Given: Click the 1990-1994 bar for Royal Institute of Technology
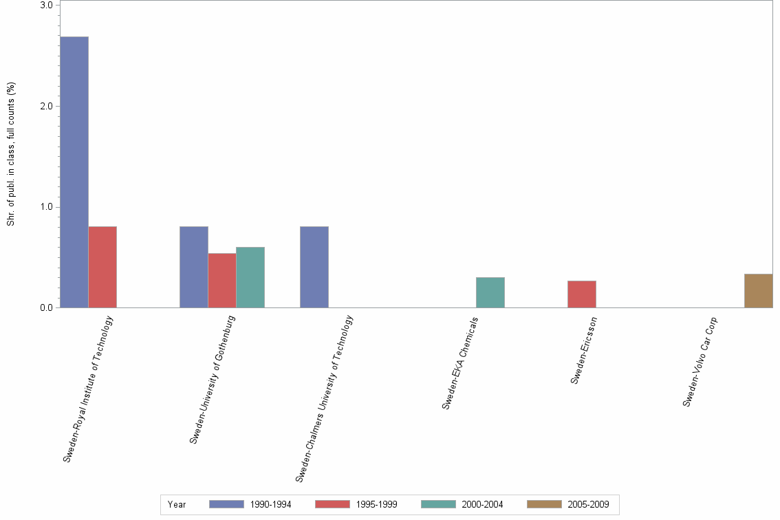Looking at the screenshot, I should (74, 172).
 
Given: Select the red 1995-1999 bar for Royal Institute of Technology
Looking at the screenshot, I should (102, 267).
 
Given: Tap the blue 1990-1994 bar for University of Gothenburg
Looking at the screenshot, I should (194, 267).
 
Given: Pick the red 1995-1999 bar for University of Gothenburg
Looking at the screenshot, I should (222, 281).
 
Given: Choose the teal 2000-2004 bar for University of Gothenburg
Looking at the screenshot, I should (250, 277).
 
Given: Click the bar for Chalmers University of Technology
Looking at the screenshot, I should (314, 267).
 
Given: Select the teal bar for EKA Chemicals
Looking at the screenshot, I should (490, 292).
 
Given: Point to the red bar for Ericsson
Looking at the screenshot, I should (582, 294).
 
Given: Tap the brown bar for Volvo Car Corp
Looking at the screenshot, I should (759, 291).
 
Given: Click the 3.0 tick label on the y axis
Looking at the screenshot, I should (47, 6).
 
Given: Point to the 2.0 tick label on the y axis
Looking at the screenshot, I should (47, 106).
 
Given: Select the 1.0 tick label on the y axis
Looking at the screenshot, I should (47, 207).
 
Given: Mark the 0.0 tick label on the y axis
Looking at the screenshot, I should (47, 307).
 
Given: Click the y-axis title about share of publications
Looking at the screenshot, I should (11, 154).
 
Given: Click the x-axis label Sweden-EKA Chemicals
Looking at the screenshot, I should (460, 363).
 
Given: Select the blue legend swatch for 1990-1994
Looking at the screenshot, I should (226, 504).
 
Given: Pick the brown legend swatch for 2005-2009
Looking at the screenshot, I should (544, 504).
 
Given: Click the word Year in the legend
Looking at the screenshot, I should (177, 504).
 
